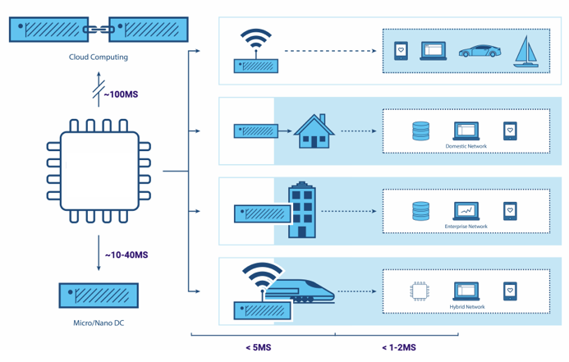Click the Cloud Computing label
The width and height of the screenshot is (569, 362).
[x=99, y=57]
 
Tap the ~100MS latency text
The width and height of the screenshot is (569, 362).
[x=121, y=95]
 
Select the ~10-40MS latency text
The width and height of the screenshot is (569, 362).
[x=126, y=255]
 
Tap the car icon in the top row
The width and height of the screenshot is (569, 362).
[x=476, y=51]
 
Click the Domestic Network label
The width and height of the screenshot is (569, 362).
[x=466, y=147]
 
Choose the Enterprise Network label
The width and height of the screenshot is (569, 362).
[x=466, y=227]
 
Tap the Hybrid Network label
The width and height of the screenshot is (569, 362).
[x=466, y=307]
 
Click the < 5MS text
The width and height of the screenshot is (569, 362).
[x=258, y=347]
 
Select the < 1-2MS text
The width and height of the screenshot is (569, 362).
[x=399, y=347]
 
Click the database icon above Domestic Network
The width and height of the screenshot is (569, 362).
[x=420, y=130]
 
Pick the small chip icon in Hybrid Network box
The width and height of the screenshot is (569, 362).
[x=420, y=290]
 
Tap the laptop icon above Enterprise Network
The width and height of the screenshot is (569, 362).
[x=466, y=210]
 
